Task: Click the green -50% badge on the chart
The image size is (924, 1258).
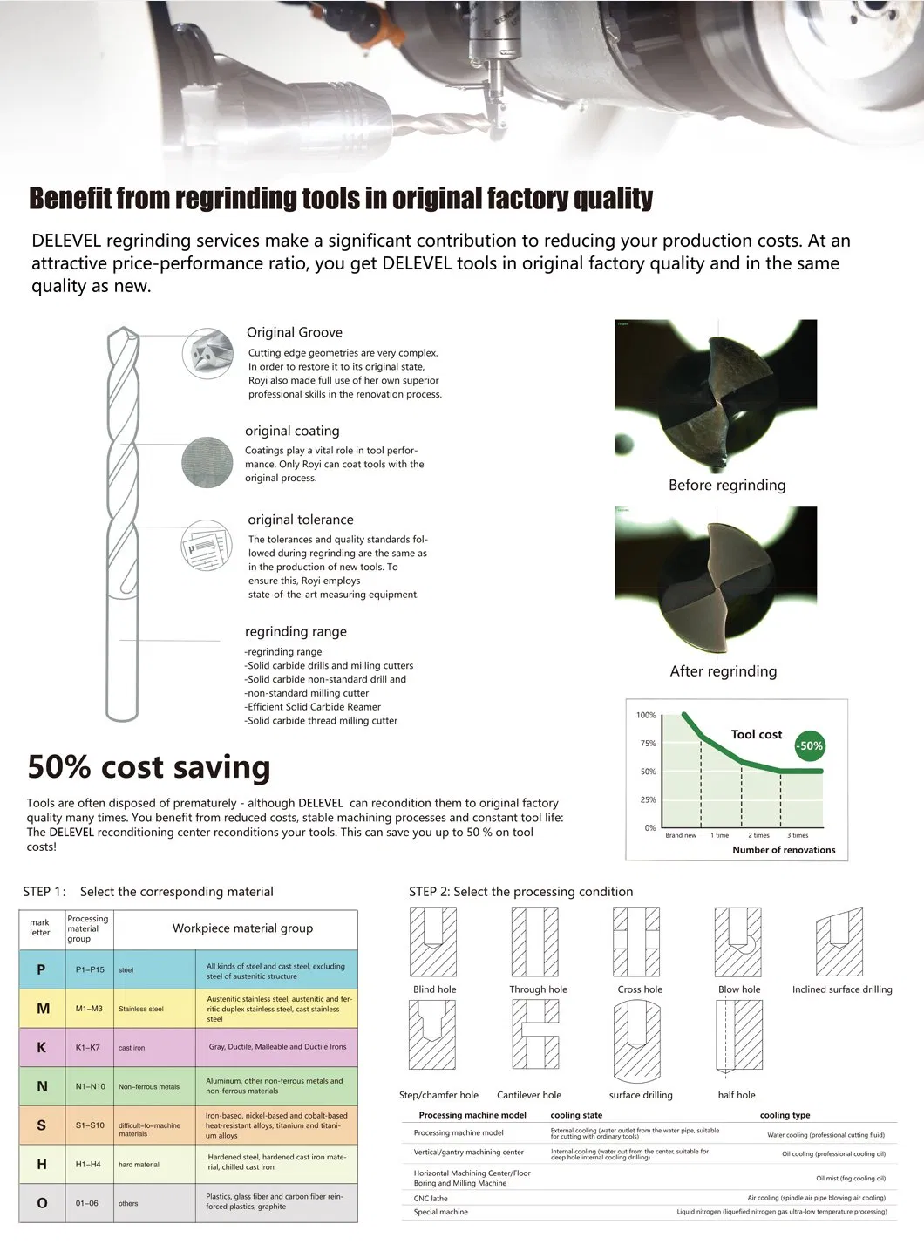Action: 810,746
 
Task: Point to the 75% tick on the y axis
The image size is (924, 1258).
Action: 647,744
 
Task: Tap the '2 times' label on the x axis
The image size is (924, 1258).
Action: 758,835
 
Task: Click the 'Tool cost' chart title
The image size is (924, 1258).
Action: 757,734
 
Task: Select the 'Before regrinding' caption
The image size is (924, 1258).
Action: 727,485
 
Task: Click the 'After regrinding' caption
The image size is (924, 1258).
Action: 723,670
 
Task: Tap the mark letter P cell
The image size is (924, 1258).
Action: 41,969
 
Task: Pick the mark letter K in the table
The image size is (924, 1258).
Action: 41,1047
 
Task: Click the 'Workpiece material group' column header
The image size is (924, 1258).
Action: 242,928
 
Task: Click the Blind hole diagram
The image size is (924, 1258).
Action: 434,942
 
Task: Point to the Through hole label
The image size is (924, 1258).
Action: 538,989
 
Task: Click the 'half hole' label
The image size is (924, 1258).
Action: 737,1095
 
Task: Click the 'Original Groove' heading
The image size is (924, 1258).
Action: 294,332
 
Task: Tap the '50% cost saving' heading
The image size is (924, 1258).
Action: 149,767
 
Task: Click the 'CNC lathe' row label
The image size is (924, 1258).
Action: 431,1199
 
